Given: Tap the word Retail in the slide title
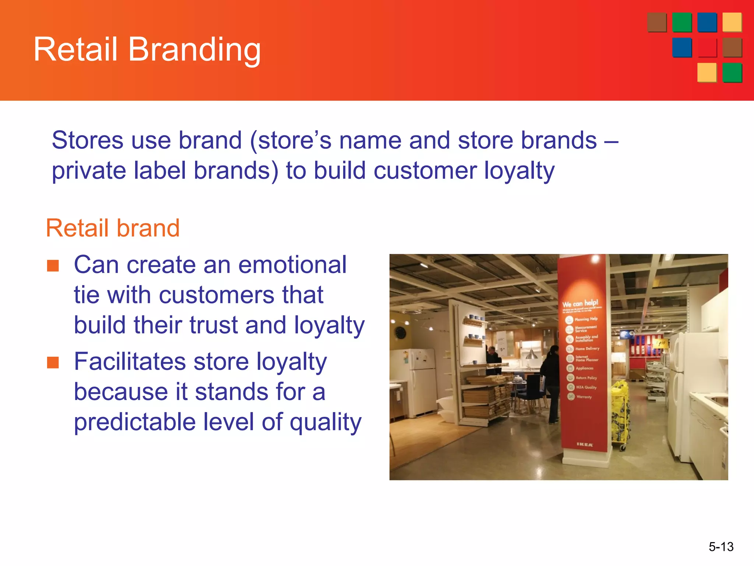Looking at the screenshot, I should [x=75, y=50].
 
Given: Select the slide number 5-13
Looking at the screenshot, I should [x=721, y=546].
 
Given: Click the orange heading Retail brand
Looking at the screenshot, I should [x=113, y=228].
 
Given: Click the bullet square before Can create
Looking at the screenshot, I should [x=53, y=266].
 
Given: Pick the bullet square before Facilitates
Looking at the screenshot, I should [x=53, y=362].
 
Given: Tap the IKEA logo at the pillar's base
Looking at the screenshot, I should [x=585, y=445].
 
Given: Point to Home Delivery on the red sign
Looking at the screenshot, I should [x=587, y=349].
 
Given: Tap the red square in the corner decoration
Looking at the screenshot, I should [x=707, y=48].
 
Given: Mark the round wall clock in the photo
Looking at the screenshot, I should [x=401, y=333].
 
